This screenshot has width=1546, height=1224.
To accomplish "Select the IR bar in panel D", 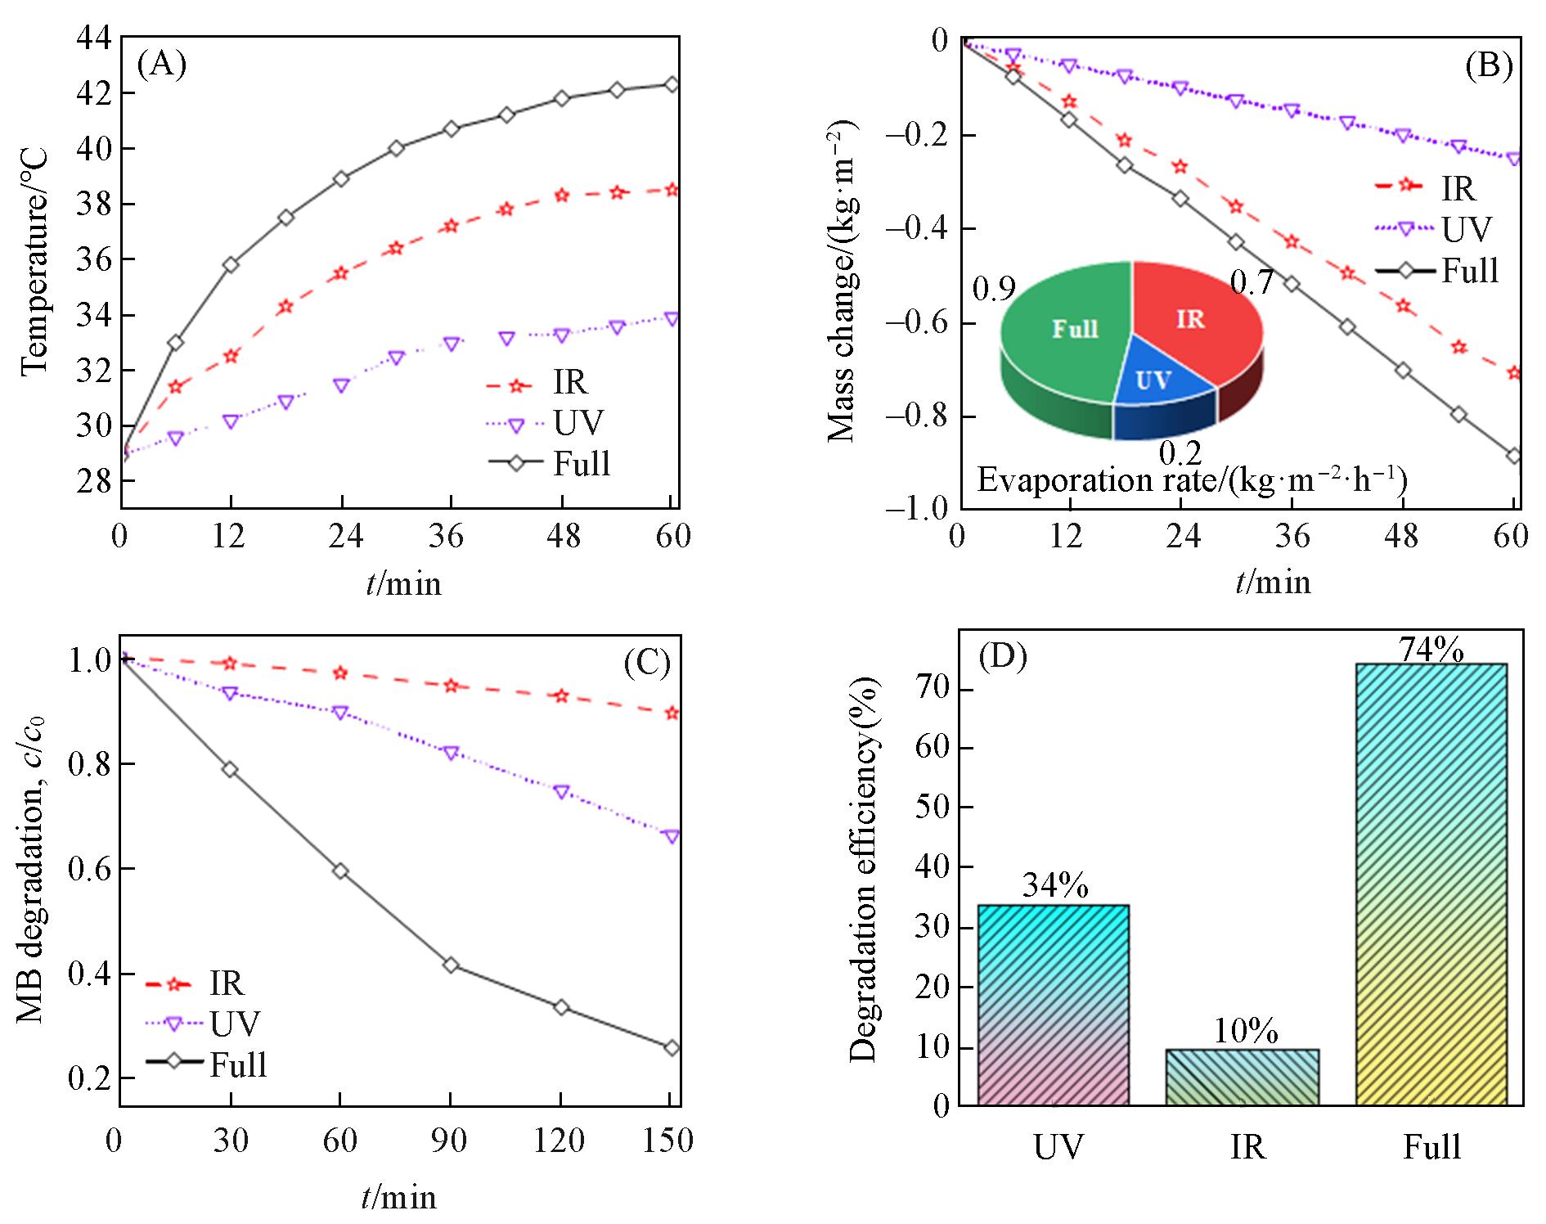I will tap(1242, 1077).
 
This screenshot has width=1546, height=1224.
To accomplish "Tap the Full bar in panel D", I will tap(1431, 884).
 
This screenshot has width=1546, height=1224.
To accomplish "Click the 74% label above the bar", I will tap(1431, 650).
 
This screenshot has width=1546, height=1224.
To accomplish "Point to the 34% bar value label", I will tap(1054, 886).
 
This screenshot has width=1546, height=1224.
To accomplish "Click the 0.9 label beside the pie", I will tap(994, 290).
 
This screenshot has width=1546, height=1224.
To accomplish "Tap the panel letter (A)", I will tap(161, 64).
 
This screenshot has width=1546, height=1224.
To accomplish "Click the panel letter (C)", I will tap(646, 663).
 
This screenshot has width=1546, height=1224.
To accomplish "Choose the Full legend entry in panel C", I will tap(208, 1064).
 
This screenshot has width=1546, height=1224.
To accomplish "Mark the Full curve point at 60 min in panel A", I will tap(672, 84).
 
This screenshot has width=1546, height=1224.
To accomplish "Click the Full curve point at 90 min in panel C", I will tap(450, 965).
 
